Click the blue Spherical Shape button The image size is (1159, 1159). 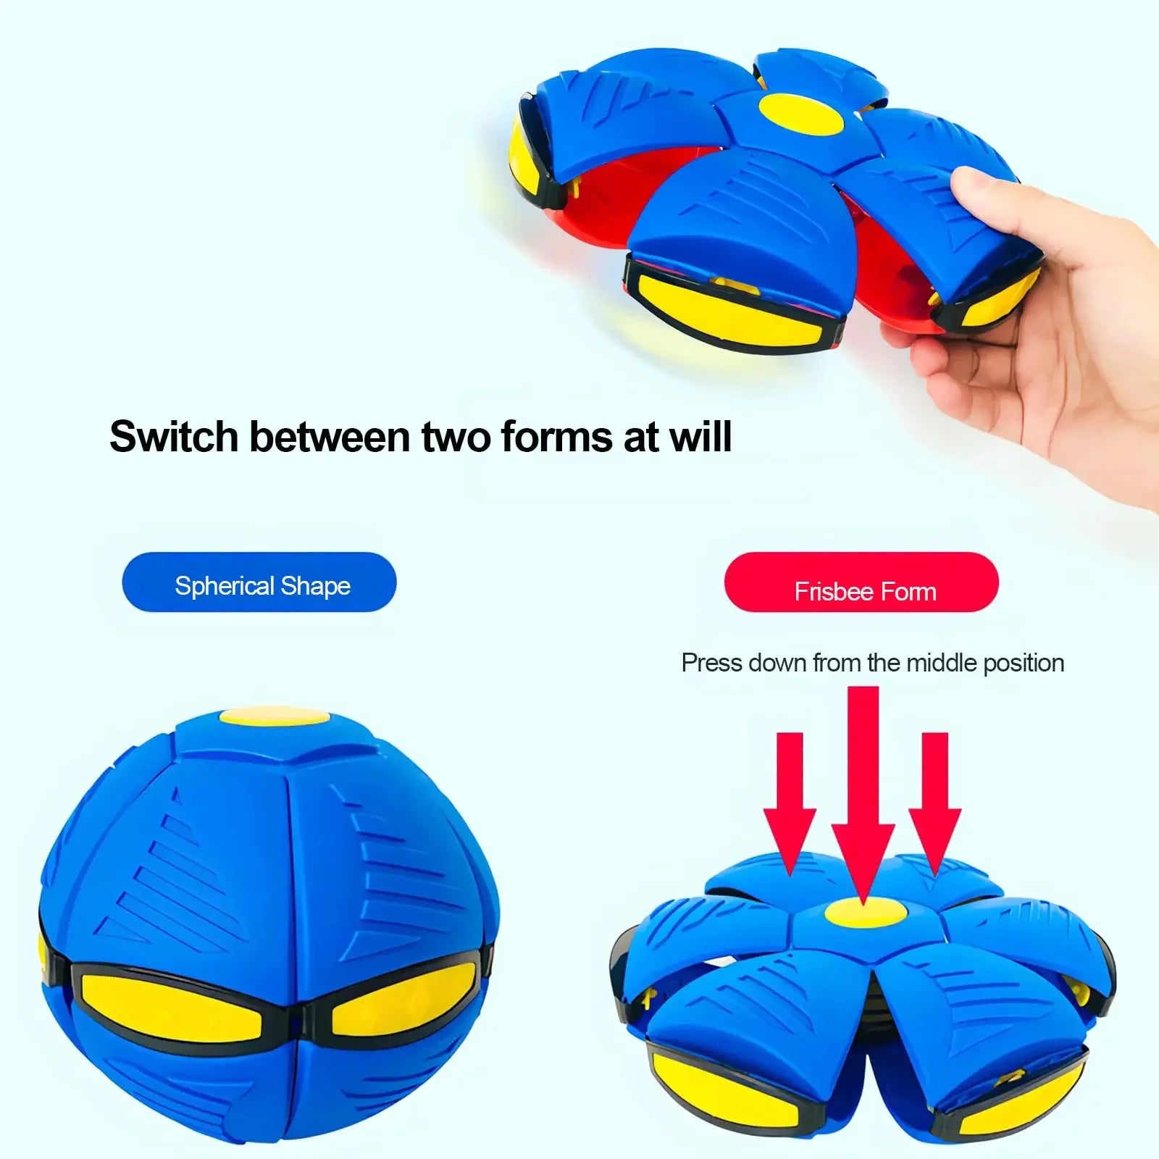(x=259, y=582)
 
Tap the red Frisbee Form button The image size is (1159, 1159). (x=861, y=582)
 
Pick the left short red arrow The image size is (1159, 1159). (x=790, y=797)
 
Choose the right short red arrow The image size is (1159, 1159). (x=934, y=797)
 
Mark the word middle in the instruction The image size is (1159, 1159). (x=941, y=663)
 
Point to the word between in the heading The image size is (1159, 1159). (x=330, y=437)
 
